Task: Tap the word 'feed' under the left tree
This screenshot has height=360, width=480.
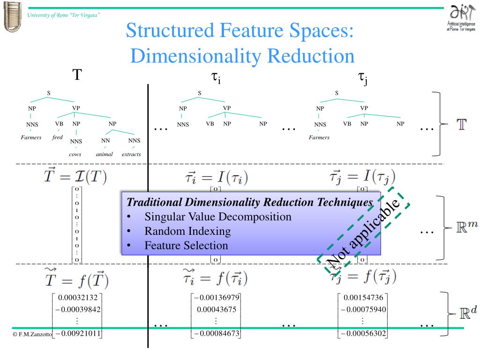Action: [x=57, y=137]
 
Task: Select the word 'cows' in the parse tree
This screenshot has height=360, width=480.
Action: [x=75, y=154]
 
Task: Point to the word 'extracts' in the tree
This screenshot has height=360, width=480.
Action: [x=131, y=154]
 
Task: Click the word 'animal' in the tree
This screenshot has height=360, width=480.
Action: [x=105, y=154]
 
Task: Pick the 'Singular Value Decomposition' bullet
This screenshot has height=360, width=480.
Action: [x=218, y=217]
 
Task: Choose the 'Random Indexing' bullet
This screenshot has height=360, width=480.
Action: [x=187, y=231]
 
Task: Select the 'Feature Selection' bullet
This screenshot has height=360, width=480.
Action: [x=186, y=246]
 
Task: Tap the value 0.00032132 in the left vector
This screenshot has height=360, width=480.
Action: [x=77, y=298]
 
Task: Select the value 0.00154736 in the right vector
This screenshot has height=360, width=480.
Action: [x=363, y=298]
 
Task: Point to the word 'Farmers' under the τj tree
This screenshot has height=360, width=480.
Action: [x=319, y=137]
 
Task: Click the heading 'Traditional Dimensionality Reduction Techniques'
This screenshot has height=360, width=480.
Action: [x=250, y=202]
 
